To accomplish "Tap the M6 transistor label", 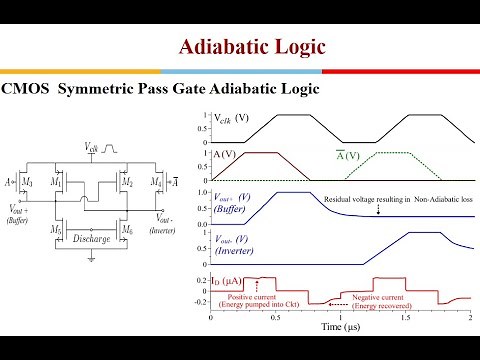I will point(129,232).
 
